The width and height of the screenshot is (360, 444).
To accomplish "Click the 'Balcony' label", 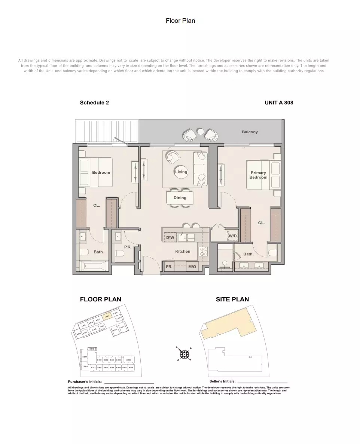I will click(x=250, y=132).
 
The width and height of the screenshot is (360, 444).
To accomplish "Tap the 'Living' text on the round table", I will click(x=181, y=172).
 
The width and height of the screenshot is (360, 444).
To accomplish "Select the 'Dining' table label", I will click(x=180, y=198).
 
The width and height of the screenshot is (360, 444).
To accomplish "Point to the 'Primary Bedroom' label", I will click(x=258, y=175).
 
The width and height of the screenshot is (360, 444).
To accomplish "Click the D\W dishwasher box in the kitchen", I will click(x=170, y=237).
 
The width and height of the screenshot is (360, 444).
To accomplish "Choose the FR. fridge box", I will click(x=169, y=267).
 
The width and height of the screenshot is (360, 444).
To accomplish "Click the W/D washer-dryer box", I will click(x=232, y=236).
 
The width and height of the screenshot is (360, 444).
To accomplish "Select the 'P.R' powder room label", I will click(x=127, y=247).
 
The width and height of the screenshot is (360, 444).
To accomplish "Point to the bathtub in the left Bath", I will click(x=93, y=266).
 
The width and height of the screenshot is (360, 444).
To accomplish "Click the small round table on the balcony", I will click(x=201, y=131).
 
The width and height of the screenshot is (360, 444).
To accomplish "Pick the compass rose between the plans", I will click(x=184, y=354).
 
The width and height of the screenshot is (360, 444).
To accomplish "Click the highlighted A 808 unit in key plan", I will click(x=107, y=316).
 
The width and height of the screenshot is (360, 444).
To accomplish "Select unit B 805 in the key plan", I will click(x=128, y=360).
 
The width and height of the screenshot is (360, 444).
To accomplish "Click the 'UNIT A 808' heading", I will click(x=279, y=103).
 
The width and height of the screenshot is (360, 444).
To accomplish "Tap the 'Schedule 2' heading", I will click(x=94, y=103).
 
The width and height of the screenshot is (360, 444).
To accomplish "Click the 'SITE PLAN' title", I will click(x=232, y=299).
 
